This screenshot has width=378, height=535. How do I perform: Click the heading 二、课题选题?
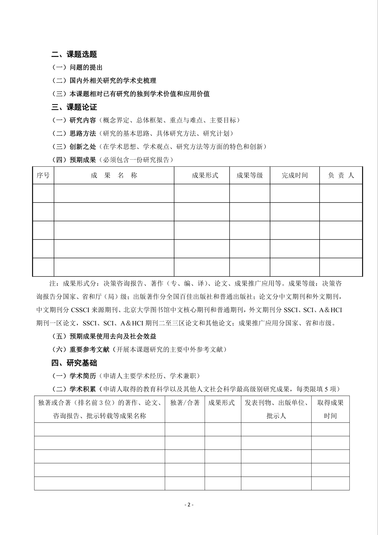click(74, 54)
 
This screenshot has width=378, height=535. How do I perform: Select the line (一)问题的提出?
click(77, 67)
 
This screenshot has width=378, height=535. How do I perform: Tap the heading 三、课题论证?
click(74, 107)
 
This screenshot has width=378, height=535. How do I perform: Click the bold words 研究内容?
click(83, 120)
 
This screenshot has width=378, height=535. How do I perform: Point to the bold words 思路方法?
click(83, 133)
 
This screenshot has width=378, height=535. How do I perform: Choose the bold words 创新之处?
click(83, 147)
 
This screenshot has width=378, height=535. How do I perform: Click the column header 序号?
click(43, 175)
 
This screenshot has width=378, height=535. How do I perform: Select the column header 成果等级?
click(249, 175)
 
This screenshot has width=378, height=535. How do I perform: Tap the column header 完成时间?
click(294, 175)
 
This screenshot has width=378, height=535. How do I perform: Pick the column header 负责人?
click(341, 175)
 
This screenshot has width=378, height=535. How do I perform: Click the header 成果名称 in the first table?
click(114, 175)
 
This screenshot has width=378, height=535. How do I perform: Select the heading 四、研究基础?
click(74, 363)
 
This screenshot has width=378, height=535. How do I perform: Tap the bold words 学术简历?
click(83, 376)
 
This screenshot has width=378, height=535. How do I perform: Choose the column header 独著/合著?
click(185, 403)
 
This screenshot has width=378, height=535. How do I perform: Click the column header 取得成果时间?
click(330, 409)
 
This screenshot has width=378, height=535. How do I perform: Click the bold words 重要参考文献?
click(89, 349)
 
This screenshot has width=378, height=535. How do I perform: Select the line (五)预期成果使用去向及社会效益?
click(104, 336)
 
